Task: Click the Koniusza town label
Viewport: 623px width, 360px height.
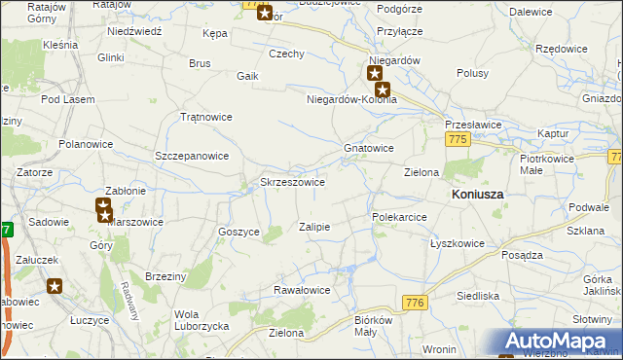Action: [x=477, y=195]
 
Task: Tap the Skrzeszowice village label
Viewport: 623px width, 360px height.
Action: [x=292, y=182]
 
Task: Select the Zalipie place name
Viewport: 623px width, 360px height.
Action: [x=314, y=227]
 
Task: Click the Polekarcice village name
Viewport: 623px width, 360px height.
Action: [x=399, y=217]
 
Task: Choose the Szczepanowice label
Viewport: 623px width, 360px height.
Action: [x=192, y=156]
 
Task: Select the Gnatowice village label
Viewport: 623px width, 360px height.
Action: [x=369, y=149]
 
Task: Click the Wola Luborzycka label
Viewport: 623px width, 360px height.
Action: [x=200, y=320]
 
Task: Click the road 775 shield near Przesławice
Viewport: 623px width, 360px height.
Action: [x=459, y=140]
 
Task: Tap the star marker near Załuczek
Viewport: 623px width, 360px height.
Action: [x=55, y=286]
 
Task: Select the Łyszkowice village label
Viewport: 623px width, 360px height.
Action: [x=458, y=243]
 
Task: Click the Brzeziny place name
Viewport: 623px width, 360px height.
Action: [x=165, y=276]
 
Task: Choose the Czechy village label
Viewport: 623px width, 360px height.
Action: [x=286, y=54]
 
